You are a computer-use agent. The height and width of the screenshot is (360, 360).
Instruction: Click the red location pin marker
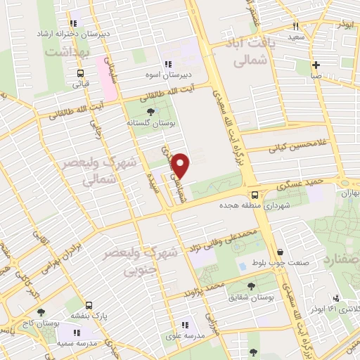click(182, 166)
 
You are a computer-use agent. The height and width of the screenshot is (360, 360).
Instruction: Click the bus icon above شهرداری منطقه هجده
click(254, 195)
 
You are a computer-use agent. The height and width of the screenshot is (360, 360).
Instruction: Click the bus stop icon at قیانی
click(80, 72)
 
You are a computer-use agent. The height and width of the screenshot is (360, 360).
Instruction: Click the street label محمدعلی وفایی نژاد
click(226, 238)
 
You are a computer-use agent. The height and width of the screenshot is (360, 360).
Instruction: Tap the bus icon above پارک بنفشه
click(89, 305)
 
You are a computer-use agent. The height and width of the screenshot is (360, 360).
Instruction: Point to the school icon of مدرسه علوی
click(185, 325)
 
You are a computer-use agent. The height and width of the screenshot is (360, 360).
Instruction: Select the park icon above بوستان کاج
click(39, 311)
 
